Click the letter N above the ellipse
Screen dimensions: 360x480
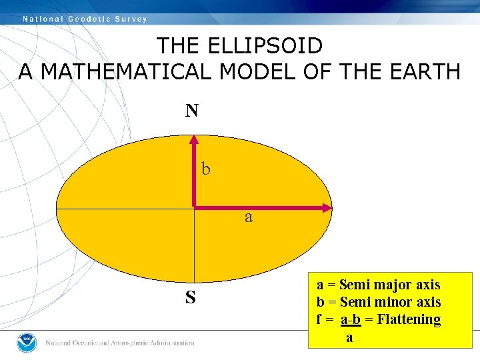point(192,111)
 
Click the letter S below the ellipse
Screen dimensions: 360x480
point(191,297)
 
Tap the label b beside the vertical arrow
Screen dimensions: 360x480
point(206,169)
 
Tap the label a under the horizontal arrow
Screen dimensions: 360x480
point(249,217)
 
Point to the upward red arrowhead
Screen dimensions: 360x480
point(193,140)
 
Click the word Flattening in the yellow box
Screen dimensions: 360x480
point(409,319)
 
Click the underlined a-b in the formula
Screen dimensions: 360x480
point(351,319)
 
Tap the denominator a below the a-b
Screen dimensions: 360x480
point(349,337)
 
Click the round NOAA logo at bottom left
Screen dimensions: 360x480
point(26,342)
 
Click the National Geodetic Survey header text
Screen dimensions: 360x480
point(85,19)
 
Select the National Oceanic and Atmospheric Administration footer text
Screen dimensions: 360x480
point(120,343)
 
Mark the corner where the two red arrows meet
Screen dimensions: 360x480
point(194,208)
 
